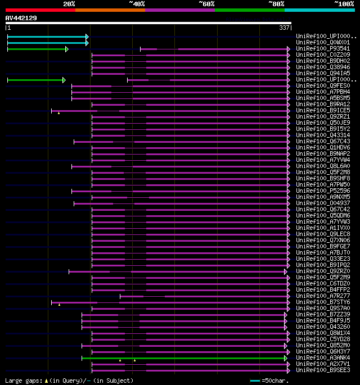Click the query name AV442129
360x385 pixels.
pos(21,18)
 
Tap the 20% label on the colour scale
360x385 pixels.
pos(69,3)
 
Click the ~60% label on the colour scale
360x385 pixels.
pos(206,3)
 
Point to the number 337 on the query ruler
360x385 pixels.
pos(284,28)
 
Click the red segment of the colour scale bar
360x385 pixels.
pos(40,10)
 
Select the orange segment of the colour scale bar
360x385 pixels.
pos(110,10)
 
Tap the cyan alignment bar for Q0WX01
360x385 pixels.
pos(47,42)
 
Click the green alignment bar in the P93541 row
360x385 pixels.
pos(37,49)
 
